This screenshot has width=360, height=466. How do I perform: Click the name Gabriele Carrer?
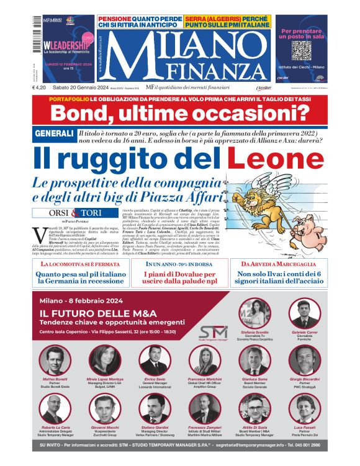(x=304, y=333)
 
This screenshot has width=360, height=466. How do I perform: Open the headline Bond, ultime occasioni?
(x=179, y=114)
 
